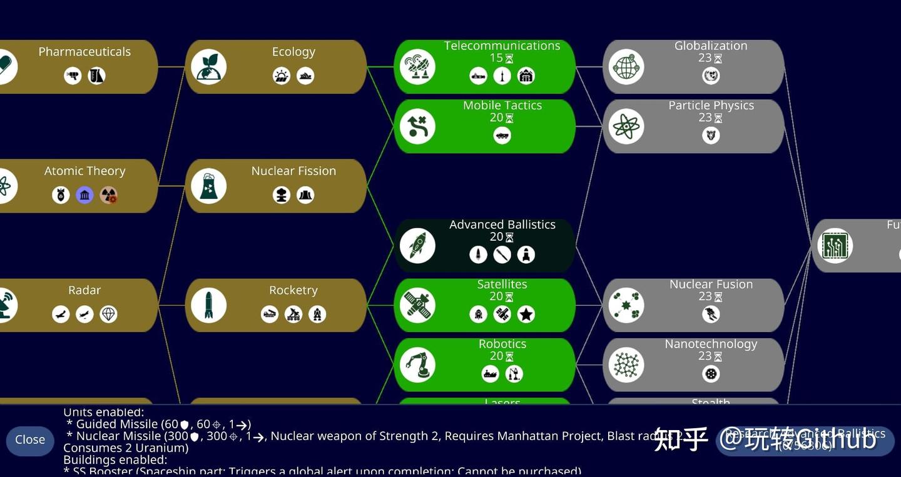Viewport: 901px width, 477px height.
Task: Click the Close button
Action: [30, 439]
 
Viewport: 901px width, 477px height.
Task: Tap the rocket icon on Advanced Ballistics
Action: [417, 246]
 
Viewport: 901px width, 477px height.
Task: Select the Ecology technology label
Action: [293, 52]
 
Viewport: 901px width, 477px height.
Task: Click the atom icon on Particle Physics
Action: [626, 126]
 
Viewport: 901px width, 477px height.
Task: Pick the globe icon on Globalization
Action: [626, 67]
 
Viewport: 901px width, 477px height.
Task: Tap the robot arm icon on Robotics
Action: [417, 365]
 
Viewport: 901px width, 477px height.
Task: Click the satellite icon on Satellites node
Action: [417, 305]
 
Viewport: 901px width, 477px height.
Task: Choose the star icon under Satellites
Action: [526, 314]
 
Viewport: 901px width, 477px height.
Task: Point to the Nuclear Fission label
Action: [293, 171]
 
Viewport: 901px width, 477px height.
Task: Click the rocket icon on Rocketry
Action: [208, 305]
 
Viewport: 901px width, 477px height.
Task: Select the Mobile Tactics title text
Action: [502, 105]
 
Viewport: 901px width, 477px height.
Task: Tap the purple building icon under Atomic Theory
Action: [84, 195]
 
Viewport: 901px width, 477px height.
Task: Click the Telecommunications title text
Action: [502, 46]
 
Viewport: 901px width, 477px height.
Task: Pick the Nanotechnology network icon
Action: [626, 365]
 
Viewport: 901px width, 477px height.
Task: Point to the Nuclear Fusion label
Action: [711, 284]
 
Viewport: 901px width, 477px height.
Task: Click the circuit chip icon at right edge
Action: [835, 246]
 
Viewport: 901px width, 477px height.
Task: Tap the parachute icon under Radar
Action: [108, 314]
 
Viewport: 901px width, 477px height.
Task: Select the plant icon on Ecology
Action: [208, 67]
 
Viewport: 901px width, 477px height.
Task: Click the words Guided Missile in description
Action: [117, 424]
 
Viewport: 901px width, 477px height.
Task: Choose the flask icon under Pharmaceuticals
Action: [96, 76]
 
